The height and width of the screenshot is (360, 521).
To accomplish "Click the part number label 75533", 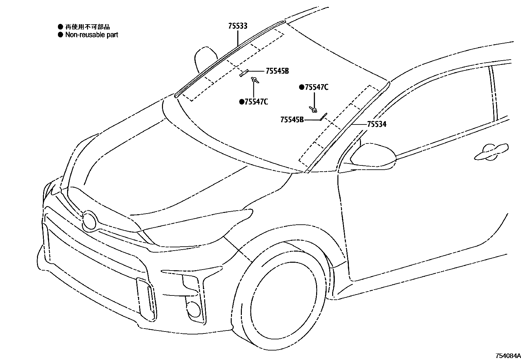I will [238, 26].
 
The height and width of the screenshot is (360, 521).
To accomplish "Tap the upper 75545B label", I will [277, 71].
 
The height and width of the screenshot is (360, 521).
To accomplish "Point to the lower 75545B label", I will [292, 120].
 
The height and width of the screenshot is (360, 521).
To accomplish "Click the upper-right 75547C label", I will [316, 87].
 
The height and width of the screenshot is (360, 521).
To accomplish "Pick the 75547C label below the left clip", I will [256, 102].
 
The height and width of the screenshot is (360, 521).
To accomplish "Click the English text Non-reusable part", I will [92, 35].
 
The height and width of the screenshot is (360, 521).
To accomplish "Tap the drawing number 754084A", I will [508, 356].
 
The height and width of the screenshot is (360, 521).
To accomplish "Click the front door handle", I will [491, 152].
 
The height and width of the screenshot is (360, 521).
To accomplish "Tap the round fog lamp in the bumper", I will [194, 309].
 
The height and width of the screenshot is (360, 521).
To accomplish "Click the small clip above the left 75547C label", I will [254, 80].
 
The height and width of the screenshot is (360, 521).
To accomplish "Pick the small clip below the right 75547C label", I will [313, 109].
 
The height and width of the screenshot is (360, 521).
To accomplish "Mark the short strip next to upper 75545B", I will [244, 73].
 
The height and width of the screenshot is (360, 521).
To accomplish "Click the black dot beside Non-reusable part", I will [60, 35].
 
